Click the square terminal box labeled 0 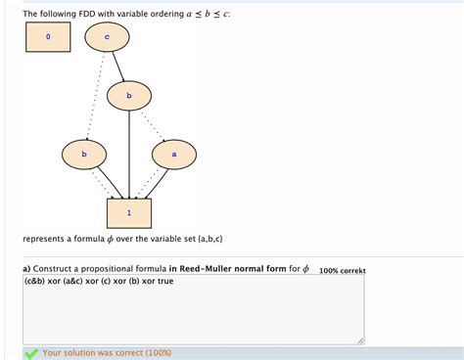click(x=46, y=37)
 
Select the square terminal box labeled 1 click(x=128, y=212)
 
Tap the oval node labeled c click(x=106, y=37)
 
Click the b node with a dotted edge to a click(x=129, y=96)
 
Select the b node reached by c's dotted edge click(x=84, y=154)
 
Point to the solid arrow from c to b click(x=117, y=67)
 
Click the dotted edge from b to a click(x=153, y=125)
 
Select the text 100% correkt click(x=343, y=270)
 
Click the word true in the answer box click(x=164, y=281)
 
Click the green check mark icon click(x=32, y=352)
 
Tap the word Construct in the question click(x=56, y=269)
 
